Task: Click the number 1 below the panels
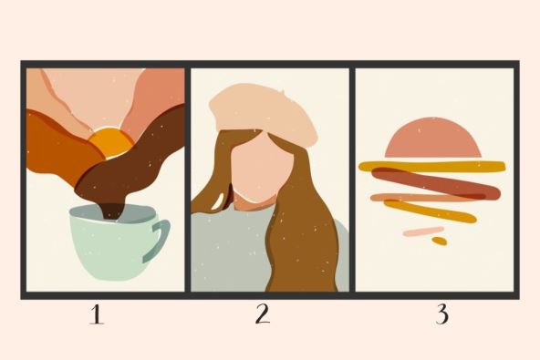(x=97, y=315)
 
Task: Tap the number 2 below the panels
(x=263, y=314)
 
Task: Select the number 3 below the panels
(x=442, y=314)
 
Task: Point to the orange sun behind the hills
(x=111, y=142)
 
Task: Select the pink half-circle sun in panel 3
(x=433, y=138)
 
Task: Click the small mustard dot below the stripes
(x=440, y=241)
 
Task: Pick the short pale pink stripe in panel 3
(x=423, y=231)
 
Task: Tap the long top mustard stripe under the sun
(x=432, y=167)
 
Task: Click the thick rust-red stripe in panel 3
(x=436, y=183)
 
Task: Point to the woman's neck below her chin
(x=254, y=202)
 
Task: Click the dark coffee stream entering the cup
(x=112, y=211)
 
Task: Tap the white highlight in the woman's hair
(x=218, y=202)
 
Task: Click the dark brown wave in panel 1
(x=134, y=161)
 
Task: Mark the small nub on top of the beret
(x=282, y=91)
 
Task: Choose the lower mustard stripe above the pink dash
(x=431, y=211)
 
